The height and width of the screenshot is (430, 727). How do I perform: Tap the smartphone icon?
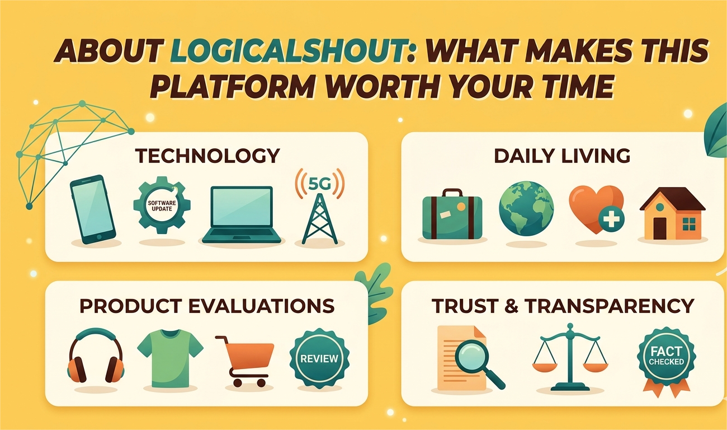93,209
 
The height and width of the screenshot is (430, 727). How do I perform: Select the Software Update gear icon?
162,205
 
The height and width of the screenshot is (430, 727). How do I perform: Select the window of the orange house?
689,225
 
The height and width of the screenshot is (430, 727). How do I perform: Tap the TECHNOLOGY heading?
207,156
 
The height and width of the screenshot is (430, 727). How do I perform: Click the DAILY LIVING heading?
562,156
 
